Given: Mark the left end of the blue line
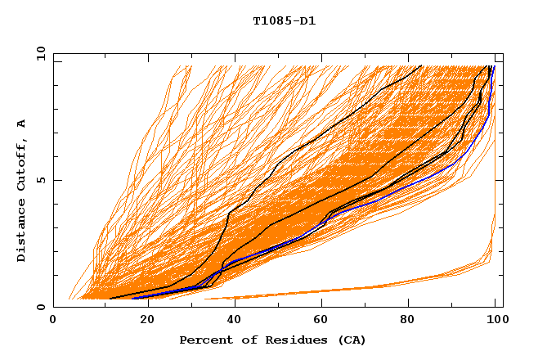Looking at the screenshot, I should coord(132,298).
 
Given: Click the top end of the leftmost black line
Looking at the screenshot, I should coord(421,65).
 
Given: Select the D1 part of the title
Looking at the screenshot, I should coord(307,21).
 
